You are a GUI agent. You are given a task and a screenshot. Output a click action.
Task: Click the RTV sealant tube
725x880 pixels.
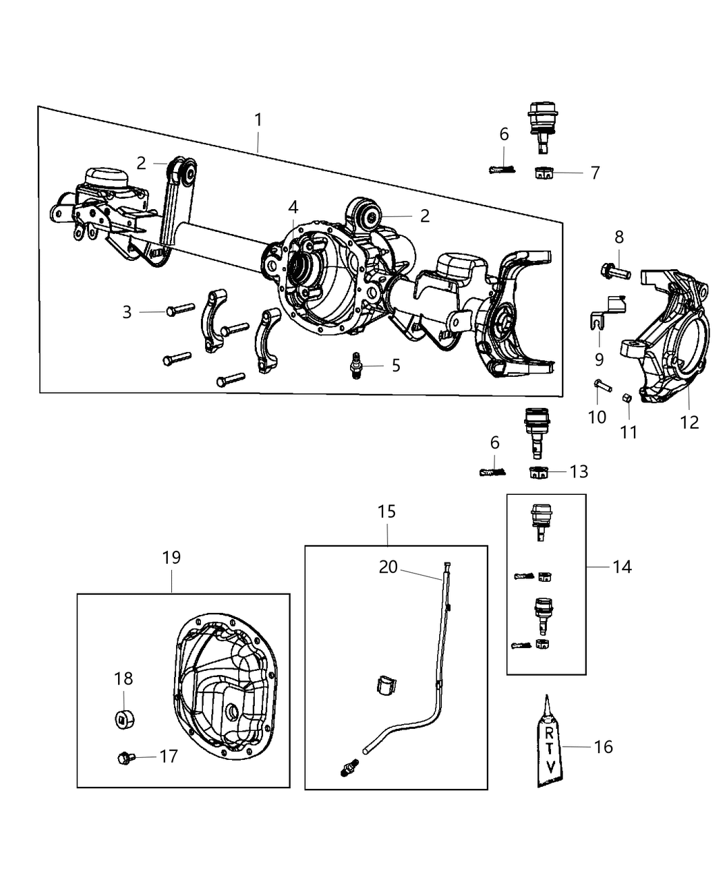click(550, 745)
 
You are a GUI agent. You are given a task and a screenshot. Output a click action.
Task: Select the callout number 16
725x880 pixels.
click(603, 747)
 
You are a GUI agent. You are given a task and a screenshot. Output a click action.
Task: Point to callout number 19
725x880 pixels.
click(171, 557)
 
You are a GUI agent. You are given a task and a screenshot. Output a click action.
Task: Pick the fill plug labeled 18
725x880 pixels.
click(124, 718)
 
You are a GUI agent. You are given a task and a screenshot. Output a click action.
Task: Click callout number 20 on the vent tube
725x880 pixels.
click(388, 567)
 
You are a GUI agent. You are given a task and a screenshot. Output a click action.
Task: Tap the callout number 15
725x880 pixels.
click(387, 511)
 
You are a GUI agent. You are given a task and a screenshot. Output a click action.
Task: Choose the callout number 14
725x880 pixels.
click(621, 567)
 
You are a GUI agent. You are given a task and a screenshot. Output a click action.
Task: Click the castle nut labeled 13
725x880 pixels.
click(539, 472)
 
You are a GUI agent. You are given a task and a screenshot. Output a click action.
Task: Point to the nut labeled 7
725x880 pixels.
click(543, 173)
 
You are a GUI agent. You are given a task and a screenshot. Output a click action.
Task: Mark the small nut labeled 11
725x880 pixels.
click(626, 398)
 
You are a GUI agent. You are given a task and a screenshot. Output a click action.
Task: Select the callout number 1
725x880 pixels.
click(258, 119)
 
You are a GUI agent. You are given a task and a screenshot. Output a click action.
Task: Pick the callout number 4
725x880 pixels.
click(293, 207)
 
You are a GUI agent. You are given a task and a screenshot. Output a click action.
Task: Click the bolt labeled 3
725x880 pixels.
click(171, 312)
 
